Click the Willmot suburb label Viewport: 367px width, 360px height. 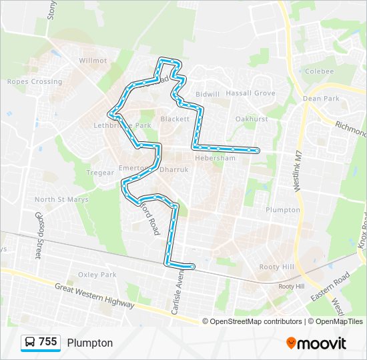tap(93, 60)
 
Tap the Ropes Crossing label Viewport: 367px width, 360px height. tap(34, 82)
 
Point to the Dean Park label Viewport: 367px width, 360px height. tap(321, 99)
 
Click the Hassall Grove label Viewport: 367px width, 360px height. tap(250, 94)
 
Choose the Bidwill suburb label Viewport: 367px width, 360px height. tap(208, 94)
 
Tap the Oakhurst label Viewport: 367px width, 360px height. tap(252, 119)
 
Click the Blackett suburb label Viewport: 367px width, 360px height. tap(175, 119)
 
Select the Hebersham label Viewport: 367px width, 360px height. tap(215, 158)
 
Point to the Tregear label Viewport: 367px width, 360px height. tap(101, 173)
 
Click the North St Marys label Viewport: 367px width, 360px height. tap(58, 199)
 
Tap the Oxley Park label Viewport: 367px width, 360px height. tap(97, 275)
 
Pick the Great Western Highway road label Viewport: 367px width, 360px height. tap(95, 295)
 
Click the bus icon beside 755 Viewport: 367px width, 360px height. tap(30, 342)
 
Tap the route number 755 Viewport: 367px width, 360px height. tap(48, 342)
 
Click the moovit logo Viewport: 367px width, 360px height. tap(316, 343)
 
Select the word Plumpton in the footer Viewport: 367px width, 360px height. tap(89, 343)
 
